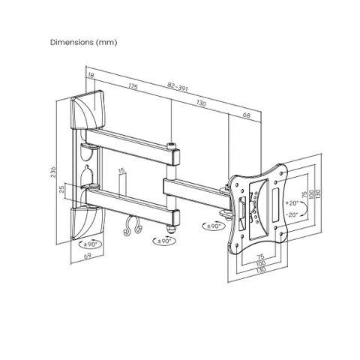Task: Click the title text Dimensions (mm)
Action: tap(83, 42)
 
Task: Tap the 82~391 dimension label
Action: tap(178, 87)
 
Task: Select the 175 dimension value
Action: tap(133, 86)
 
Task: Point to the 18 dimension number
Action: tap(91, 75)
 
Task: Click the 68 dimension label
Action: tap(246, 115)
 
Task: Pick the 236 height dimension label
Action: tap(53, 172)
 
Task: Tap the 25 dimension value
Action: tap(61, 189)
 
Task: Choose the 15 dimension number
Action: tap(121, 171)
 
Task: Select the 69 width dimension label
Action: tap(88, 256)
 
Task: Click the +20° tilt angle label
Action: tap(292, 203)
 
